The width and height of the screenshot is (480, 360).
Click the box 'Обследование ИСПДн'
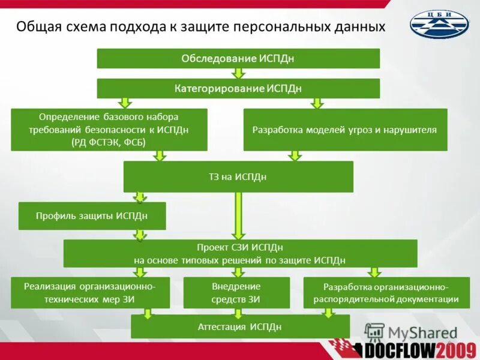tap(238, 58)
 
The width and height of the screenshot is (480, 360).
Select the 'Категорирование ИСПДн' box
tap(238, 88)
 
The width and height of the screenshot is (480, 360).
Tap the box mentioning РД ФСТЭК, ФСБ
tap(109, 129)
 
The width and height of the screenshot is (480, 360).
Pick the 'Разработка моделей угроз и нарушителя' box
tap(345, 129)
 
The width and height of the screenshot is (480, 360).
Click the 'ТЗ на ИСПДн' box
tap(238, 176)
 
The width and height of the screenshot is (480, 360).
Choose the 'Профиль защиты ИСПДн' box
tap(92, 215)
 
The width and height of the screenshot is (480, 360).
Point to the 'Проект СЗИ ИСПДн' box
tap(240, 253)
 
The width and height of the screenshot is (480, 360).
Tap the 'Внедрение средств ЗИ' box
tap(236, 292)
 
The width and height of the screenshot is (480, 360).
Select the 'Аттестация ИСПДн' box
tap(240, 326)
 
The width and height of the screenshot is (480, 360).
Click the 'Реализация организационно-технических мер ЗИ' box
tap(90, 292)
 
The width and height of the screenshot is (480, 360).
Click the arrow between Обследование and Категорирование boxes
tap(239, 73)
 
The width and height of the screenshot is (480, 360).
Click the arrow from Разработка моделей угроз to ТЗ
tap(294, 156)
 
